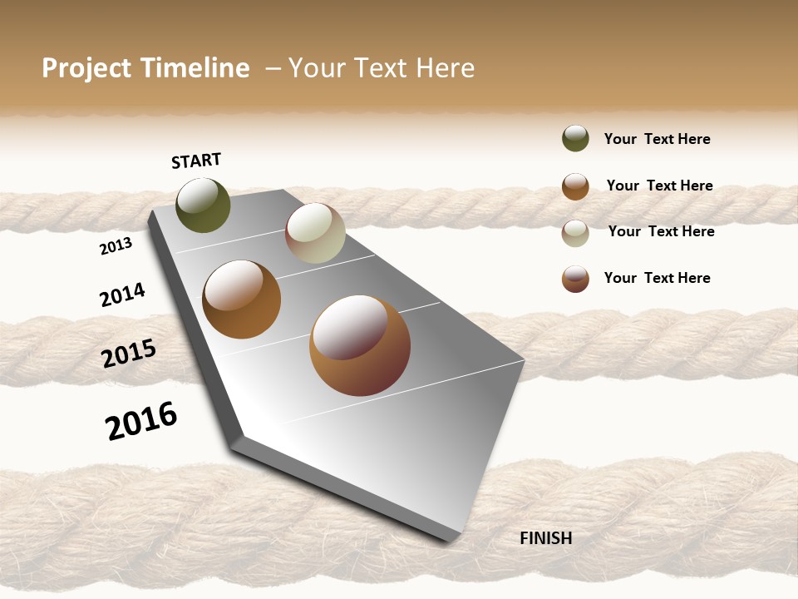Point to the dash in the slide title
point(273,68)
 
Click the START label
point(196,161)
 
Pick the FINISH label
point(545,538)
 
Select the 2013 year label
point(116,246)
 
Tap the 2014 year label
point(122,295)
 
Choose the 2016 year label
point(141,420)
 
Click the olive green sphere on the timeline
point(203,205)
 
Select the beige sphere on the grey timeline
point(315,233)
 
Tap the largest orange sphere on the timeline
point(360,345)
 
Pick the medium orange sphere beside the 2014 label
point(241,299)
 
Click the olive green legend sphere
point(575,138)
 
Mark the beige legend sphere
point(575,233)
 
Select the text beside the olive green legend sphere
point(657,139)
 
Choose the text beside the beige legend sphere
point(661,231)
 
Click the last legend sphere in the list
point(575,279)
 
